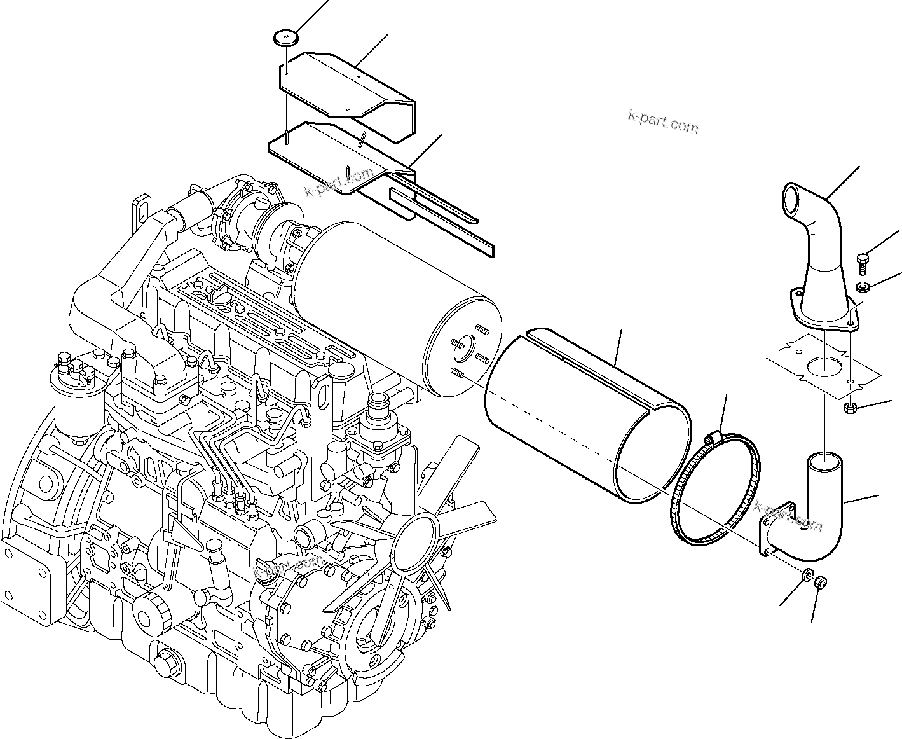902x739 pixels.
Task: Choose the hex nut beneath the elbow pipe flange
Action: pyautogui.click(x=820, y=581)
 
